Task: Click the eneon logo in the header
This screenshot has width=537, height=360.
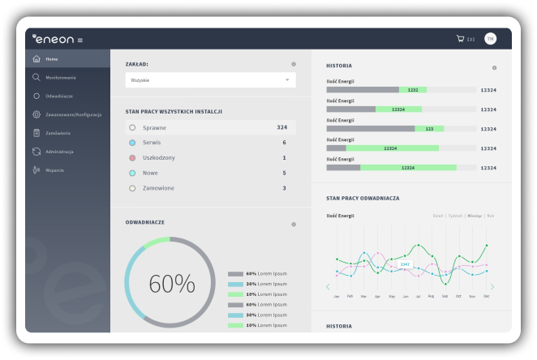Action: (x=54, y=38)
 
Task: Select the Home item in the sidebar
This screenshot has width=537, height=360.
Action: (x=52, y=59)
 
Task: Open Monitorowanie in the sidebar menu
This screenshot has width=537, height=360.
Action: (x=61, y=78)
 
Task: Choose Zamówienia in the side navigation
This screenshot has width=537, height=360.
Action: (x=58, y=133)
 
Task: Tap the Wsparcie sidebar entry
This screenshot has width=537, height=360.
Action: (x=54, y=170)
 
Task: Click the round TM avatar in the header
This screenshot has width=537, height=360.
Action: (x=491, y=38)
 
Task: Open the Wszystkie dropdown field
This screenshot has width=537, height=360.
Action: (x=210, y=80)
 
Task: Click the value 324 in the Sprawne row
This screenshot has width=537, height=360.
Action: (x=281, y=127)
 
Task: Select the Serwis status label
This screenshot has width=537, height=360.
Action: (x=153, y=143)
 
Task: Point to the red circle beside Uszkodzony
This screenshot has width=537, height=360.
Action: (x=132, y=158)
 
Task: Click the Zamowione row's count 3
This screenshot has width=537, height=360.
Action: (x=284, y=188)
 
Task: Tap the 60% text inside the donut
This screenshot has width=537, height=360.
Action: (x=171, y=284)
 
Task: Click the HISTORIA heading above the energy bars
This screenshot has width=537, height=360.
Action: (x=339, y=65)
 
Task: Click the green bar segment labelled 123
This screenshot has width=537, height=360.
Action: (x=429, y=128)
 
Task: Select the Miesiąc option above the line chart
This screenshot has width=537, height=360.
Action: (x=475, y=216)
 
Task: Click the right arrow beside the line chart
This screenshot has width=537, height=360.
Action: (x=492, y=286)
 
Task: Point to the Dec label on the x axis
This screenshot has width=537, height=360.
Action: (x=486, y=297)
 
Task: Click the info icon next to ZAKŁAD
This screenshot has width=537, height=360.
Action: (x=294, y=64)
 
